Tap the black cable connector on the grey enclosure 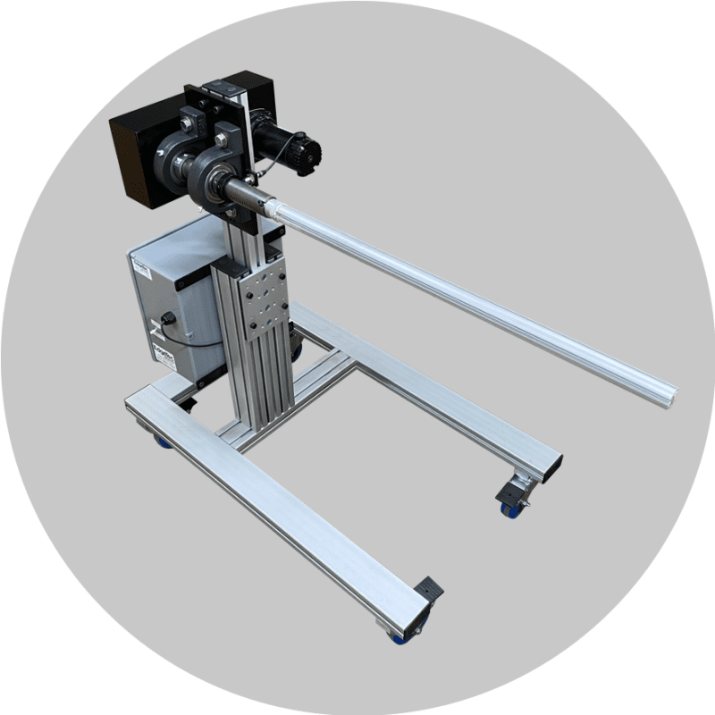click(167, 320)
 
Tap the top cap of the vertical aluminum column click(214, 87)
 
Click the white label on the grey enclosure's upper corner click(139, 265)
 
